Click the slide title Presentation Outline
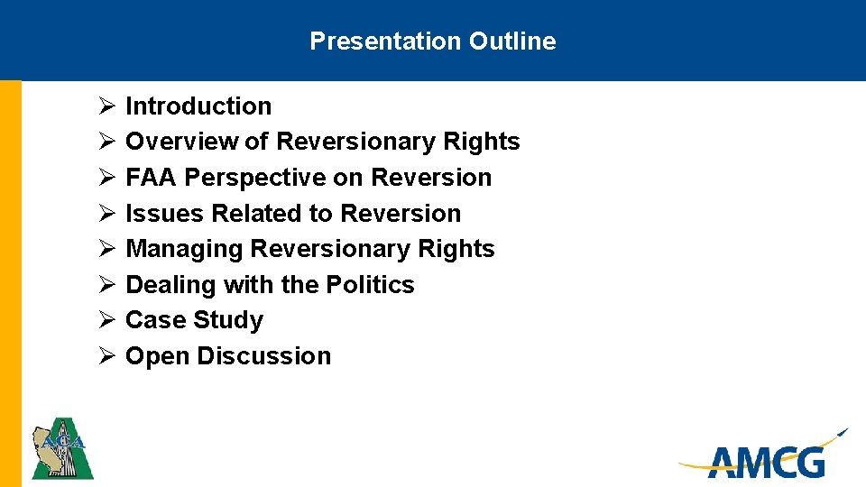point(432,41)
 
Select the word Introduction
point(198,106)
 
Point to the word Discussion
point(263,356)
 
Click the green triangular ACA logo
point(62,448)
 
